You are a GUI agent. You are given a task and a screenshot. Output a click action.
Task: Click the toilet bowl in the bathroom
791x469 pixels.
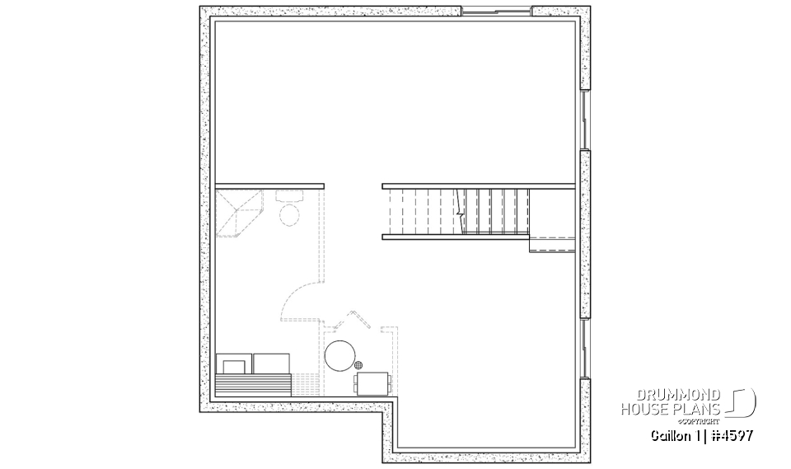tap(289, 215)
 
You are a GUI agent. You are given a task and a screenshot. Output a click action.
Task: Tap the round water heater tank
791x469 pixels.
tap(339, 355)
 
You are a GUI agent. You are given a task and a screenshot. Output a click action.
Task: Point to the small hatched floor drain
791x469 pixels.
tap(359, 364)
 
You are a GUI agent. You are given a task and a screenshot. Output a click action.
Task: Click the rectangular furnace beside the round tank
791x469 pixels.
tap(373, 382)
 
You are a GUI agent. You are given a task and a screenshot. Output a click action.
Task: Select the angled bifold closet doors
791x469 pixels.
tap(356, 319)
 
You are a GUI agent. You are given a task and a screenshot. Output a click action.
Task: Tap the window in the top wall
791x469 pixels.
tap(494, 11)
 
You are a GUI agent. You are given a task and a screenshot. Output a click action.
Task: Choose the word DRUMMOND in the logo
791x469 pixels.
tap(672, 395)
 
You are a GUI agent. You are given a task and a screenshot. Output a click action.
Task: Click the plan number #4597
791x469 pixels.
tap(728, 434)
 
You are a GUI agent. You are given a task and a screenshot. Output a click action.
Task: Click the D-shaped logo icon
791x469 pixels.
tap(742, 402)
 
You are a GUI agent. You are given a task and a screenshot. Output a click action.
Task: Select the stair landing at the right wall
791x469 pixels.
tap(552, 245)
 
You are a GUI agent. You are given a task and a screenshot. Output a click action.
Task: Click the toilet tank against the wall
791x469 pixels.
tap(289, 196)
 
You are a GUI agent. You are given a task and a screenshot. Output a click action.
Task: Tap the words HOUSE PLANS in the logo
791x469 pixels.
tap(671, 409)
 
